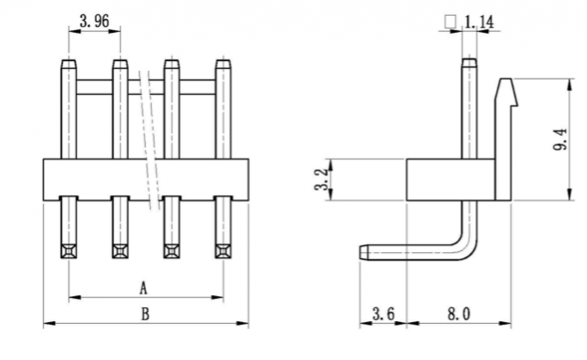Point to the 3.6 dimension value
tap(382, 313)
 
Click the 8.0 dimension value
tap(458, 313)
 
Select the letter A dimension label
tap(143, 286)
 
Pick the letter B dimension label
tap(144, 313)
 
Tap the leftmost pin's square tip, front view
tap(68, 252)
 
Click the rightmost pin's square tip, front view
tap(223, 252)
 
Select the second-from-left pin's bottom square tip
tap(119, 252)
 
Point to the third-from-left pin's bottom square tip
tap(171, 252)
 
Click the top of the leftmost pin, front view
tap(68, 63)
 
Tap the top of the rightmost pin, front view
tap(223, 63)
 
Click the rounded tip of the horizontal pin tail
tap(363, 252)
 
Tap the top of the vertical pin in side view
tap(469, 61)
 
